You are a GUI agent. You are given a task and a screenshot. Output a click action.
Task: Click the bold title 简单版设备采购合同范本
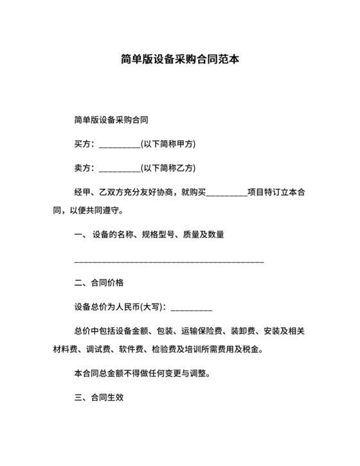pyautogui.click(x=180, y=60)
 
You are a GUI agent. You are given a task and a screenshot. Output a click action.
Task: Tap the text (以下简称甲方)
pyautogui.click(x=168, y=143)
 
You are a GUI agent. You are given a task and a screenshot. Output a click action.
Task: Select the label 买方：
pyautogui.click(x=85, y=143)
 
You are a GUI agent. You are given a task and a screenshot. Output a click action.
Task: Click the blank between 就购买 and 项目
pyautogui.click(x=226, y=193)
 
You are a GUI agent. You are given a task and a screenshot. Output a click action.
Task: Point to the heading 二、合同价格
pyautogui.click(x=99, y=283)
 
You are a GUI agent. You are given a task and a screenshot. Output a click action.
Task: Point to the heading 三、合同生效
pyautogui.click(x=99, y=398)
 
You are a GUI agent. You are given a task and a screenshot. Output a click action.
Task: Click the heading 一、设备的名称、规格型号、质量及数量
pyautogui.click(x=149, y=235)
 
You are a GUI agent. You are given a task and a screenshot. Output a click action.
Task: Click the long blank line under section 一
pyautogui.click(x=169, y=262)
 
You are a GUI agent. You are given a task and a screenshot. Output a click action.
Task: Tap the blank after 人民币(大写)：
pyautogui.click(x=191, y=308)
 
